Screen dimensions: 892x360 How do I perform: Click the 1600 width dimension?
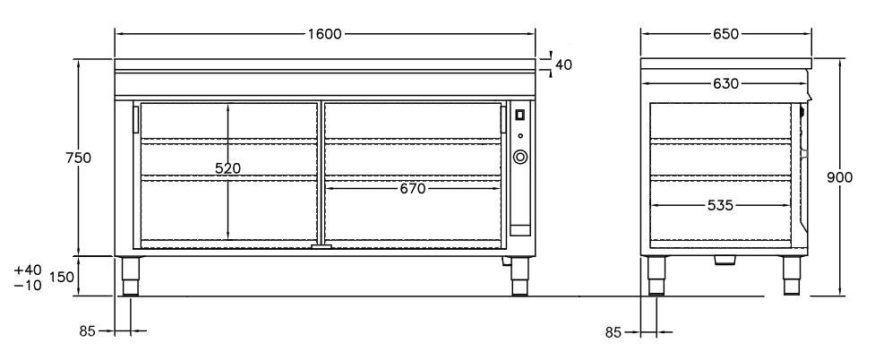325,34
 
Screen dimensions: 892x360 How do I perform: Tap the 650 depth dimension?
726,34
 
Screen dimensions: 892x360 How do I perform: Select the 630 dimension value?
726,83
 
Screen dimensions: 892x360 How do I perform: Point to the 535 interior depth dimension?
720,205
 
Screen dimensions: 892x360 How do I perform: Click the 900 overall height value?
840,177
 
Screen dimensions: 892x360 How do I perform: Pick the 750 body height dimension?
79,158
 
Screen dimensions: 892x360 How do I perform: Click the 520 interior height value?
228,168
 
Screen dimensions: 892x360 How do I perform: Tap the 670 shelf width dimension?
413,188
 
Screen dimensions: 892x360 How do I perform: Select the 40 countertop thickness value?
563,64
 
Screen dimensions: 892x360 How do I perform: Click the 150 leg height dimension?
62,277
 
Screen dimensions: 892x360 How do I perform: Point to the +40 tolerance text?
28,270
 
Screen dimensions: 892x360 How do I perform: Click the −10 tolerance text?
28,285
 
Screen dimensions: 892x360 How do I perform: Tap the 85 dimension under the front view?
87,331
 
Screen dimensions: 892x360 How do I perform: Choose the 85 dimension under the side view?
613,332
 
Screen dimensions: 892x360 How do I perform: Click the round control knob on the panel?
520,157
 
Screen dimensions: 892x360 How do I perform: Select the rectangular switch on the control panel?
520,115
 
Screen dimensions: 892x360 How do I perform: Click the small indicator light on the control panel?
520,136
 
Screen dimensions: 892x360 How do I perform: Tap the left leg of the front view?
131,277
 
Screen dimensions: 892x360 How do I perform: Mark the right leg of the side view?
792,276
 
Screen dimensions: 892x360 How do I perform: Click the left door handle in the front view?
136,120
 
